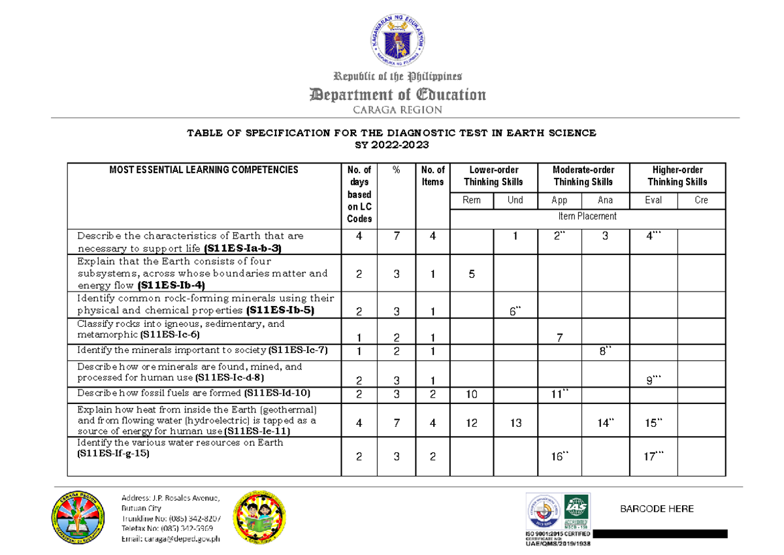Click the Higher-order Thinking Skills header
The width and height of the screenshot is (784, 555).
[x=677, y=176]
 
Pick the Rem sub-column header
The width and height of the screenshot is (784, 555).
[x=471, y=201]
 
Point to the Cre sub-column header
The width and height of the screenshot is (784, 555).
[x=701, y=201]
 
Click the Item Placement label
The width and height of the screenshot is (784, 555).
[x=587, y=216]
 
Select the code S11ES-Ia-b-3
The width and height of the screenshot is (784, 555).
[x=243, y=249]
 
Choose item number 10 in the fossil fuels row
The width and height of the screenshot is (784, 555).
[x=471, y=394]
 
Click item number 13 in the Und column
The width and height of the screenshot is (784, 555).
[x=515, y=423]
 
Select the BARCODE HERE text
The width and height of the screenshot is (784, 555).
[x=657, y=509]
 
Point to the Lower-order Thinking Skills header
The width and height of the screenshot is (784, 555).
[x=493, y=176]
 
